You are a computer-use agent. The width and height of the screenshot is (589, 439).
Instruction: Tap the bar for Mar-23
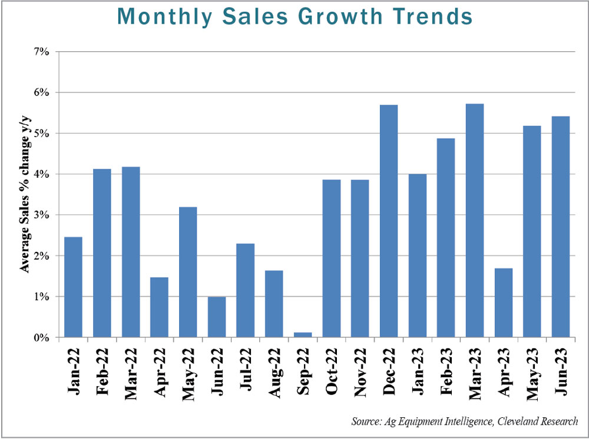[475, 220]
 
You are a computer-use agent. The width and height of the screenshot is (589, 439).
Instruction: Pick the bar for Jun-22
[216, 317]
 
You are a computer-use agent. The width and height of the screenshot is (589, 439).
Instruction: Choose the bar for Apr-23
[504, 302]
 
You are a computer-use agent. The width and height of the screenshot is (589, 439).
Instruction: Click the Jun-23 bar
[561, 227]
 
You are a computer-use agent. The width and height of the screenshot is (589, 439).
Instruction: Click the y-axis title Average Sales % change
[25, 194]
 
